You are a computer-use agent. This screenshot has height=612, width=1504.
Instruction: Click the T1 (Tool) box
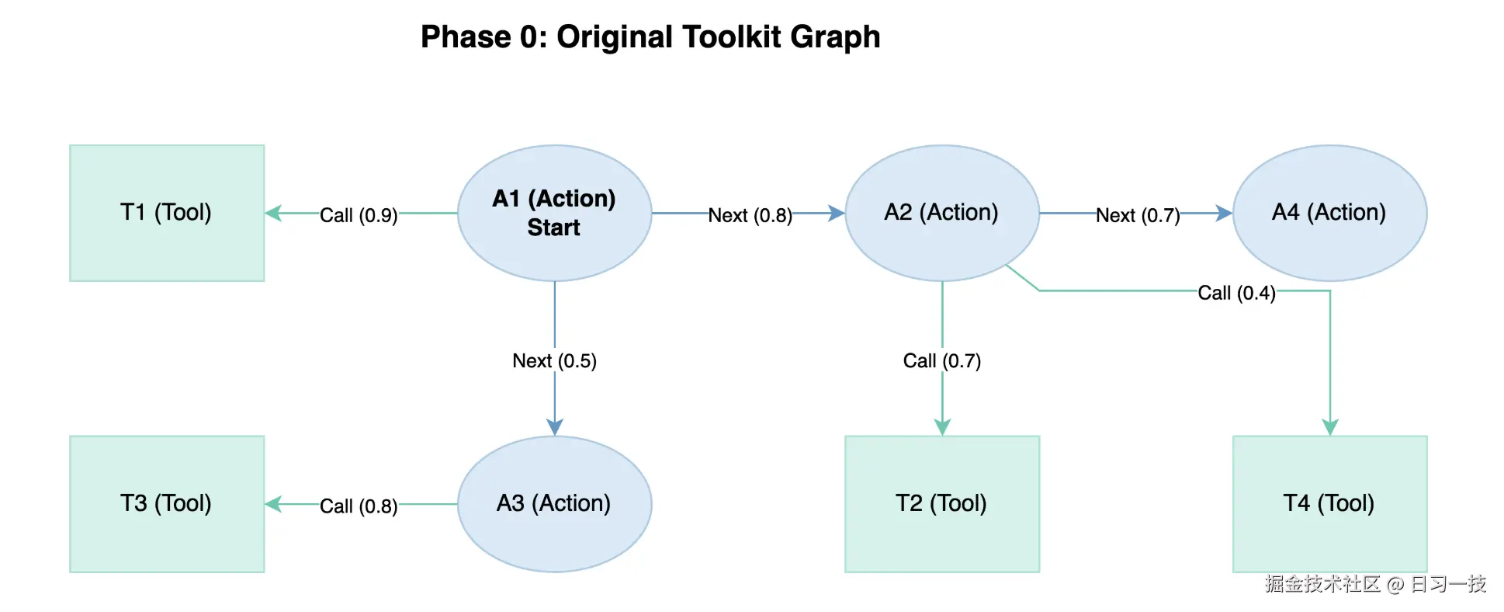pos(167,213)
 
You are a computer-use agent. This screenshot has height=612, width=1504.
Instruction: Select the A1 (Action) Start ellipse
pos(554,213)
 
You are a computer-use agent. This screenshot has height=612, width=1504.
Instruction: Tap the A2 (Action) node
pos(941,213)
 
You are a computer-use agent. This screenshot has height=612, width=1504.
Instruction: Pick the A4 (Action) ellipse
pos(1329,213)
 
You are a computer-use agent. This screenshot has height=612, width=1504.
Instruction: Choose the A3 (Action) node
pos(554,504)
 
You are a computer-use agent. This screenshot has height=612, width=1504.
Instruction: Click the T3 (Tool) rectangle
pos(167,504)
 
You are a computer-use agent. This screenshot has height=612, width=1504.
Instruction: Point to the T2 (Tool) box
pos(941,504)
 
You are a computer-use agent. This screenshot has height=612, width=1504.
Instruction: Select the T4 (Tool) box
pos(1329,504)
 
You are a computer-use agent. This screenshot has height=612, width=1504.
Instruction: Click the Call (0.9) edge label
pos(359,215)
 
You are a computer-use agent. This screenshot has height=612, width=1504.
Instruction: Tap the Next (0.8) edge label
pos(750,215)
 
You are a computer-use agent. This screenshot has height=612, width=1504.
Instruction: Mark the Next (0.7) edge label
pos(1138,215)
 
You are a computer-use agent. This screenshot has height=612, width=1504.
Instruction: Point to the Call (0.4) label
pos(1236,293)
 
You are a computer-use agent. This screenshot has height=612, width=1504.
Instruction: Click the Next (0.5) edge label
pos(554,361)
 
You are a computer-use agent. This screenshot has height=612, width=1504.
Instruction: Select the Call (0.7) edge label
pos(941,361)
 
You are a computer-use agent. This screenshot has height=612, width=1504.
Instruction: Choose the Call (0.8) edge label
pos(359,506)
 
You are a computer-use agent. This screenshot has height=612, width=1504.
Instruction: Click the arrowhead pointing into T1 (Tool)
pos(273,213)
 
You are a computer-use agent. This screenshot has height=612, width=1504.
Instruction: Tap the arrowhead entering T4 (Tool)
pos(1330,427)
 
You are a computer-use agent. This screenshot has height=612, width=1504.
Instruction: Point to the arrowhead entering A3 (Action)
pos(554,427)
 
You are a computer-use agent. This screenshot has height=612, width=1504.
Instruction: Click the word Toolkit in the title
pos(669,37)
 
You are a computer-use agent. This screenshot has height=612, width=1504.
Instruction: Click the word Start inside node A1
pos(553,228)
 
